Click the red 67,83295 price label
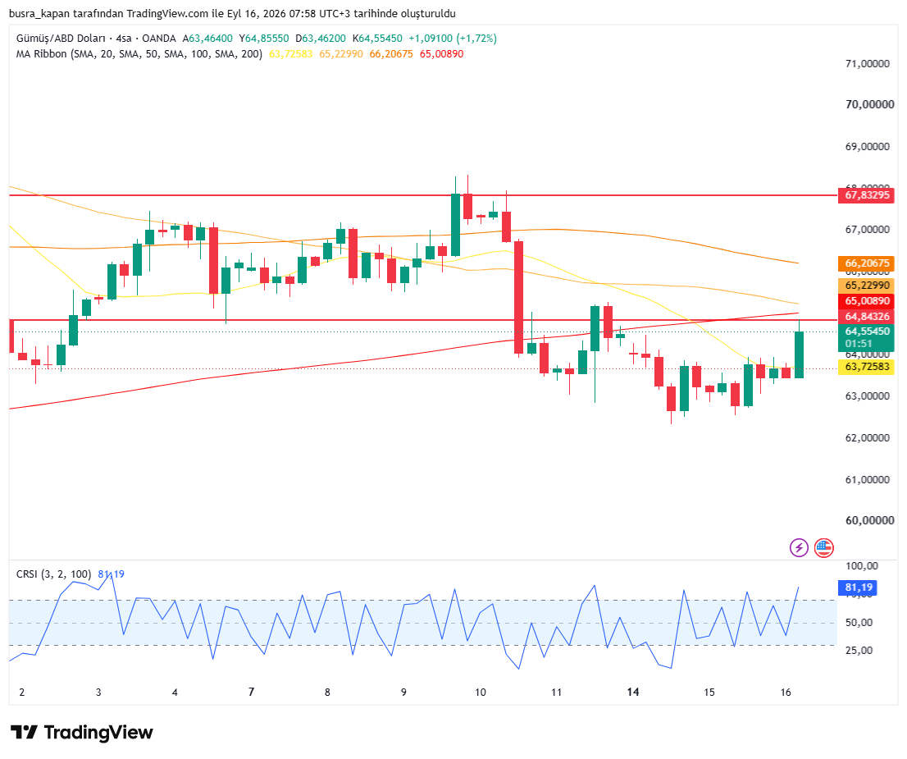(x=867, y=195)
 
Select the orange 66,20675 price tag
(x=867, y=263)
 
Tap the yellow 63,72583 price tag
(x=867, y=367)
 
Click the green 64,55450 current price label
(x=867, y=331)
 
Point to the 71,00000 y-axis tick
(x=867, y=64)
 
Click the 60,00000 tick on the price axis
(x=869, y=520)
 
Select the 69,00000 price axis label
(x=867, y=147)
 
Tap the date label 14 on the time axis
(x=633, y=692)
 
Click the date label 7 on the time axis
(x=251, y=692)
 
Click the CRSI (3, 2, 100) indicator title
(x=54, y=574)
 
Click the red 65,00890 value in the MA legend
(x=441, y=54)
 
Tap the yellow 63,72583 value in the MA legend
(x=290, y=54)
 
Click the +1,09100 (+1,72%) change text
(x=453, y=39)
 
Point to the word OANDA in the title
(x=159, y=39)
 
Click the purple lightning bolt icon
(x=799, y=547)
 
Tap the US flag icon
(x=823, y=547)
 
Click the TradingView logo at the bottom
(x=81, y=733)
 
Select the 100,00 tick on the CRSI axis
(x=862, y=565)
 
